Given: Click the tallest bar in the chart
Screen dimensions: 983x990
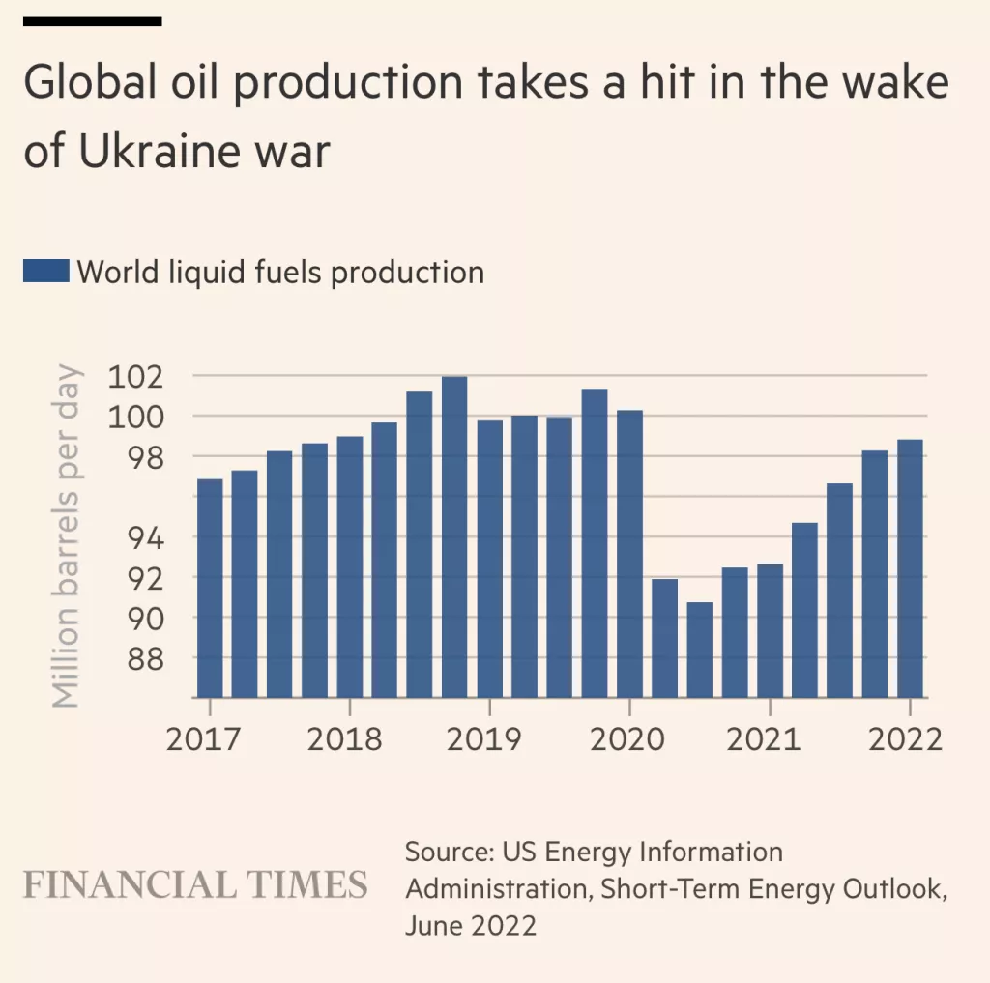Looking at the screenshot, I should coord(454,536).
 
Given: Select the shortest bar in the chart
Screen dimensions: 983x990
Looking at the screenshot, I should coord(700,649).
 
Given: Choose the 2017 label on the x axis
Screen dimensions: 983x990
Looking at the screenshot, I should coord(205,739).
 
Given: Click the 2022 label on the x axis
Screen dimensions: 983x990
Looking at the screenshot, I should coord(904,739).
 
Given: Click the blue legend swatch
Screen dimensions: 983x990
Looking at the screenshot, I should coord(45,272).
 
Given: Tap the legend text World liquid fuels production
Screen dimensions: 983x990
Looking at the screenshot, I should coord(280,272).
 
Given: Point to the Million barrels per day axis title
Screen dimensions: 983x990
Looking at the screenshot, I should coord(65,535).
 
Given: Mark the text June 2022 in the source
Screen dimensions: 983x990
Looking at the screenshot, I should coord(470,925).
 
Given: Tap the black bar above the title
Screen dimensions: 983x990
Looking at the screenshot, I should coord(92,21).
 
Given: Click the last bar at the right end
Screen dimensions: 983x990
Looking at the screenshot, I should coord(910,568).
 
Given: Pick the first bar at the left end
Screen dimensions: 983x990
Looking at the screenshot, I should coord(210,588).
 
